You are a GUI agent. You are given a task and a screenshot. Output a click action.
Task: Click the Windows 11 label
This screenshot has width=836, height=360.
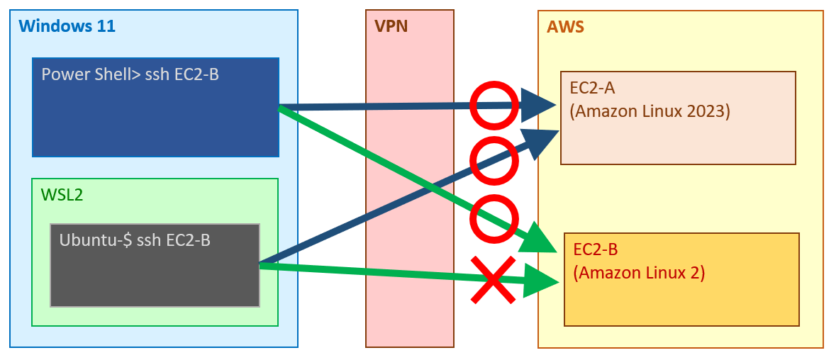click(x=67, y=27)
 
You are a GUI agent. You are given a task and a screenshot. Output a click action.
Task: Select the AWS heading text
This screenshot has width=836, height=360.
click(x=565, y=28)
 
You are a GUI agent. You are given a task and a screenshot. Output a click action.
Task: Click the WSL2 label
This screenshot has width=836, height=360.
click(x=62, y=195)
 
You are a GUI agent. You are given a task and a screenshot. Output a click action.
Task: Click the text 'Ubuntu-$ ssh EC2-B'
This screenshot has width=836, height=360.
click(x=135, y=240)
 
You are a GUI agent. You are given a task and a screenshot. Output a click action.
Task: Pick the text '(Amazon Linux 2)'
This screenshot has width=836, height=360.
click(x=639, y=272)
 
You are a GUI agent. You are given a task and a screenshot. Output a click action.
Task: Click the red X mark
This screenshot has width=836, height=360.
click(x=494, y=280)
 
